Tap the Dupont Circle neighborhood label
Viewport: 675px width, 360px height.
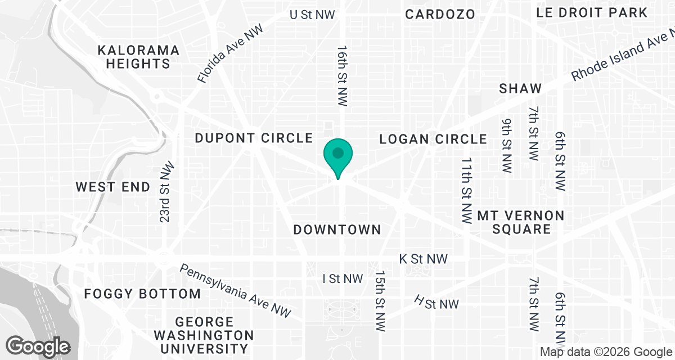253,138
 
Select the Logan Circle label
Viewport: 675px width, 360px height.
433,139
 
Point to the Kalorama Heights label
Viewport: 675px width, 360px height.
138,57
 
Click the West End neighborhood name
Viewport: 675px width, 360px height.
113,187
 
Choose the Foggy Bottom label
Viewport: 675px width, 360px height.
142,294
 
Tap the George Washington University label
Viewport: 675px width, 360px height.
204,335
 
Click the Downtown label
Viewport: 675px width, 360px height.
337,229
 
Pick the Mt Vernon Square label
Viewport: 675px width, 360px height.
512,222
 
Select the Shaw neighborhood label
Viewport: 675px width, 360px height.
520,88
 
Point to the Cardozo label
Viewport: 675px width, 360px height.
440,14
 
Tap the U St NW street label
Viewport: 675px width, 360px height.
312,15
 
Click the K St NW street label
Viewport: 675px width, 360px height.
423,259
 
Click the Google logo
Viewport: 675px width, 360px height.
38,346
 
